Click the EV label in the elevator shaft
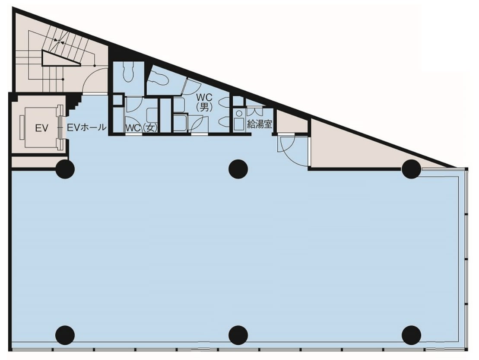41,128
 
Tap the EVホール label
86,127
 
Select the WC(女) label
141,128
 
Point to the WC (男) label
204,103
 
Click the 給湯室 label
260,124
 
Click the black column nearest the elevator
65,169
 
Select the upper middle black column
238,169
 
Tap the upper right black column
411,169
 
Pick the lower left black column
65,335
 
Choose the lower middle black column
238,335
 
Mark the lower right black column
411,335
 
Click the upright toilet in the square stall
128,72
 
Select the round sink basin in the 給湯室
239,114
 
